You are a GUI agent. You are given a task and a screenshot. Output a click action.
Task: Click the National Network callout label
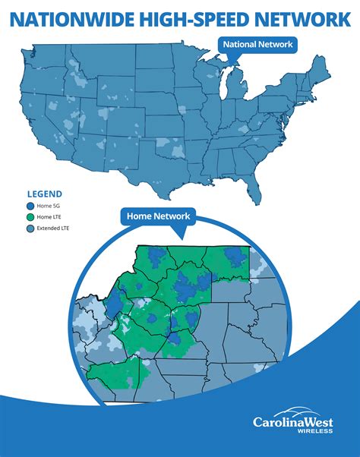tap(257, 45)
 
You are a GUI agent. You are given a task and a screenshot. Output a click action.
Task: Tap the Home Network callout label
tap(158, 217)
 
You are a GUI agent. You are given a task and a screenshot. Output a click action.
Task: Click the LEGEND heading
tap(45, 194)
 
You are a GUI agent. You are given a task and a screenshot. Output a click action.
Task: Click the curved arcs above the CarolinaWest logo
tap(302, 408)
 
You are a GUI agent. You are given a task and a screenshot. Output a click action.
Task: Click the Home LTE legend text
tap(52, 216)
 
